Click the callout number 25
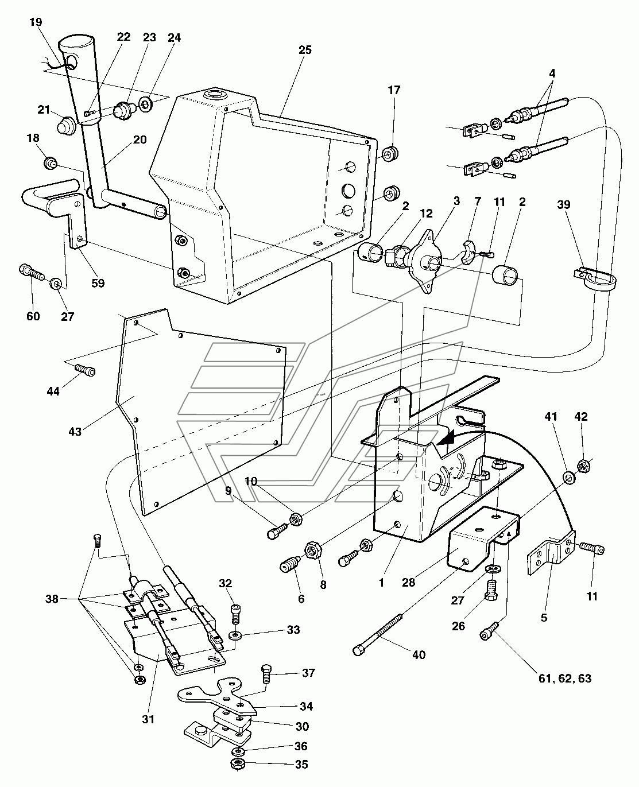(x=305, y=50)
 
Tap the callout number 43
(x=75, y=431)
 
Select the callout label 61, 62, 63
(x=565, y=679)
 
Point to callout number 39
(x=564, y=204)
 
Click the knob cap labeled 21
(x=67, y=125)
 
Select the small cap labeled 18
(x=51, y=162)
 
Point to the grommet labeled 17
(x=390, y=153)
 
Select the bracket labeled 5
(x=551, y=552)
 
